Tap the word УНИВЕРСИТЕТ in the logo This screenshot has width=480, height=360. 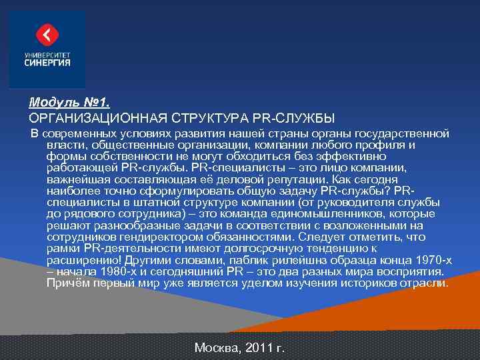47,55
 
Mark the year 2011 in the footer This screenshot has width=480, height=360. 259,347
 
